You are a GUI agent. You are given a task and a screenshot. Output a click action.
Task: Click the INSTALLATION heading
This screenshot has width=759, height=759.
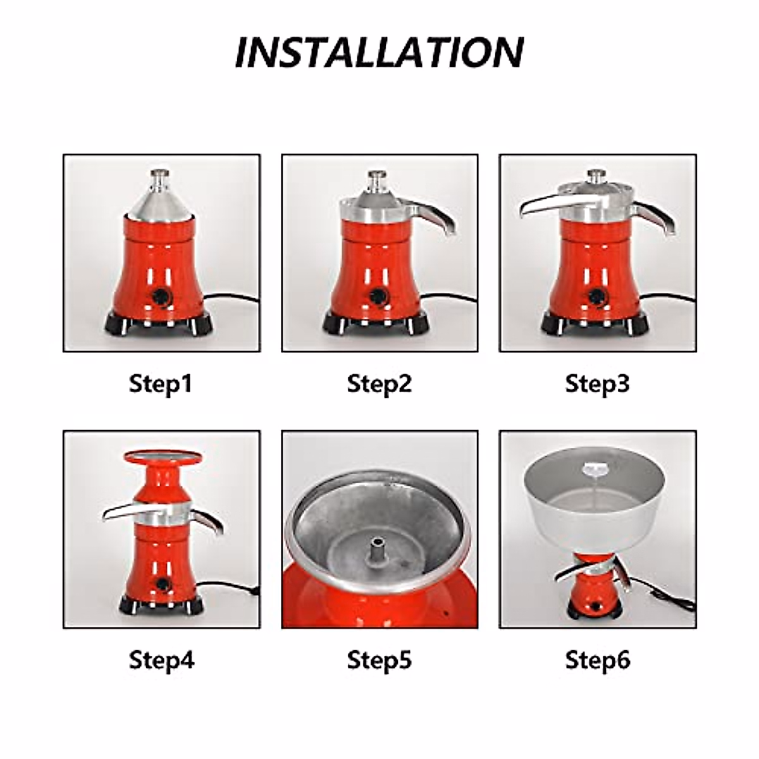point(379,52)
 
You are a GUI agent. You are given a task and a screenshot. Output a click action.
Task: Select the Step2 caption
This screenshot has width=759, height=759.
point(379,384)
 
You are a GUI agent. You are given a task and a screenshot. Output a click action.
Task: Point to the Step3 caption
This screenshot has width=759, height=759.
point(597,384)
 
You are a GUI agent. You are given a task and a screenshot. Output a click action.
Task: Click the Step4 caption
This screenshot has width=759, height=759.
point(161,660)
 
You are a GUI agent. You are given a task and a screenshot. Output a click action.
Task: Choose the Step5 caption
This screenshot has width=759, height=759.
point(379,660)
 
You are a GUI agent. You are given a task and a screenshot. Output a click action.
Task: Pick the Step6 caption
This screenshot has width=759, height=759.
point(597,660)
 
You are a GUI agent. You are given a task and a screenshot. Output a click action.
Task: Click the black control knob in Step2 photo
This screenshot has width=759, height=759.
point(379,295)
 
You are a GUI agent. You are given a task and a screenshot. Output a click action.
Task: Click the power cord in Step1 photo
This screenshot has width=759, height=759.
point(234,299)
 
